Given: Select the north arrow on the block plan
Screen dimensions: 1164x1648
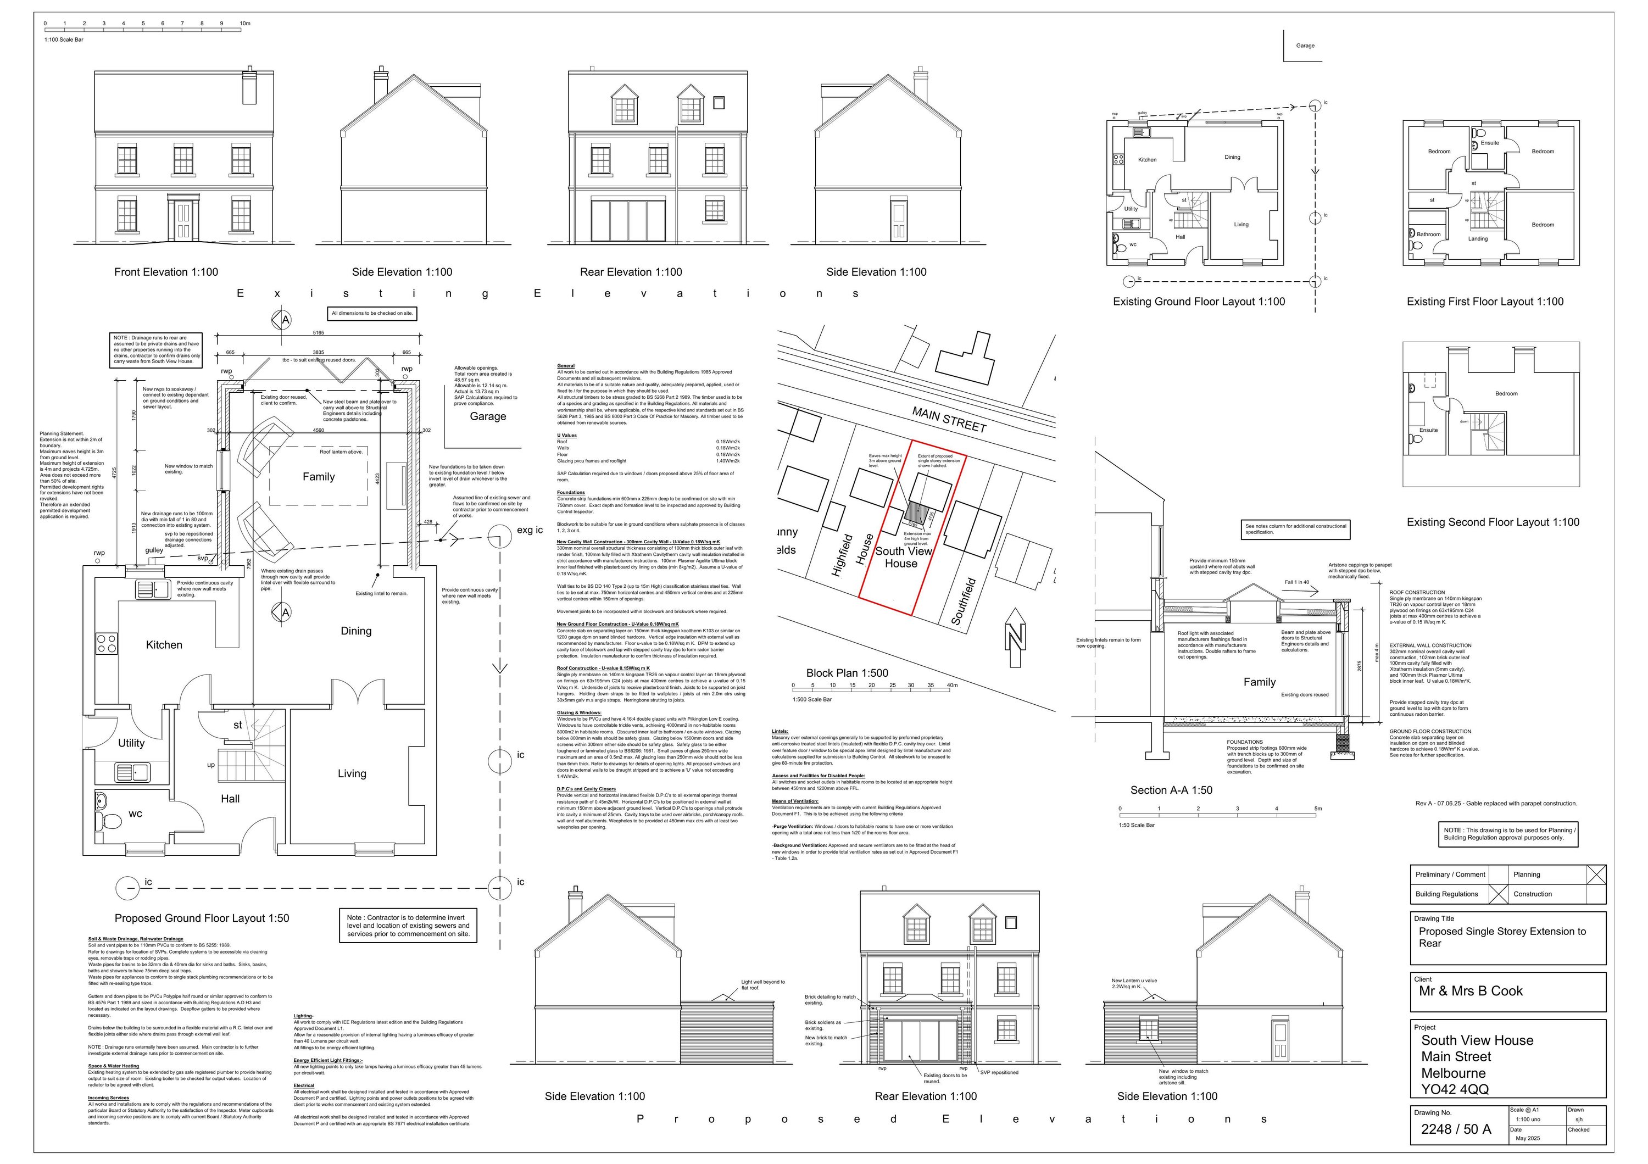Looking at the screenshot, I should pos(1015,637).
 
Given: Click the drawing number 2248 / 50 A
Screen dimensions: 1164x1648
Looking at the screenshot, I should pos(1456,1129).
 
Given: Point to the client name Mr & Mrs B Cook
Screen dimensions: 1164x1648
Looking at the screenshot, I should pos(1471,991).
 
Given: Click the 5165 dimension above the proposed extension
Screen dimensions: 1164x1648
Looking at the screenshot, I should pos(318,333).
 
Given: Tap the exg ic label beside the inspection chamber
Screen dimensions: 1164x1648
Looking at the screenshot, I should pos(530,530).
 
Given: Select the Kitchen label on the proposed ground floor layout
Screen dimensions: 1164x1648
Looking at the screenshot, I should pos(164,645).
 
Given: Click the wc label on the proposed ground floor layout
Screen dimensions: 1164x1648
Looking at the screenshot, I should pos(135,814).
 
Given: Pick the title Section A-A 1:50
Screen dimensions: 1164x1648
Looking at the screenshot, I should pos(1171,790).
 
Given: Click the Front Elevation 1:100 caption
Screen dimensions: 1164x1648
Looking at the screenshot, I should pos(166,272).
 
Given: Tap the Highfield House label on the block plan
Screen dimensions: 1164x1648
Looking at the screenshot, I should pos(852,555).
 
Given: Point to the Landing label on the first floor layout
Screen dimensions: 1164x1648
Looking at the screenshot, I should pos(1477,239).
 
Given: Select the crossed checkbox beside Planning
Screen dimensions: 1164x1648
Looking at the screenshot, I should pos(1596,874).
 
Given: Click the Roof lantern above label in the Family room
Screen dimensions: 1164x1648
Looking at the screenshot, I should pos(341,452).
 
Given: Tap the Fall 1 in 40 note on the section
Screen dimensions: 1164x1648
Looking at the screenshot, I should pos(1296,582).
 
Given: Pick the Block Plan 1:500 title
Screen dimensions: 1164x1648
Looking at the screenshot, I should pos(847,673).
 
